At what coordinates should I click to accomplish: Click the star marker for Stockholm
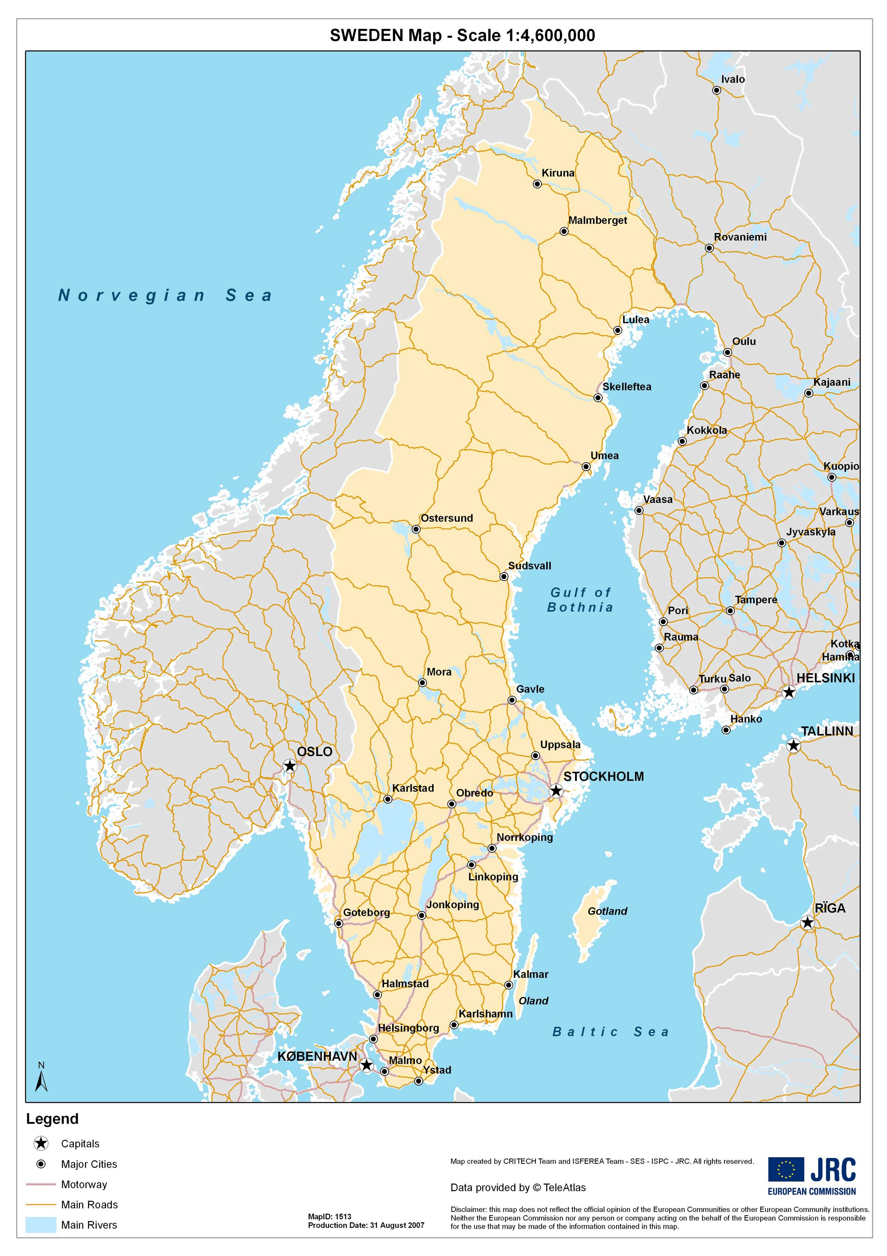coord(555,791)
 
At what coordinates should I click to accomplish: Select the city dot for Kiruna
coord(537,184)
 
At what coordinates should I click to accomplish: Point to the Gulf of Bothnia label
coord(580,600)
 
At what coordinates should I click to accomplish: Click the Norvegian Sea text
coord(165,295)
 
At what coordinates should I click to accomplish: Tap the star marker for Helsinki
coord(788,693)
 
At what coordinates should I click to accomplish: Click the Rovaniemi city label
coord(740,237)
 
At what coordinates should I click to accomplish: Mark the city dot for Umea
coord(585,467)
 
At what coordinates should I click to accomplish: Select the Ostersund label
coord(446,518)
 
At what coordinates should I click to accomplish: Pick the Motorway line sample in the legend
coord(41,1184)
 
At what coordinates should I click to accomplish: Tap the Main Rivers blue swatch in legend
coord(41,1225)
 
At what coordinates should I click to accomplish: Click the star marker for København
coord(366,1065)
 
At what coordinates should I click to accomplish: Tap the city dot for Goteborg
coord(338,923)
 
